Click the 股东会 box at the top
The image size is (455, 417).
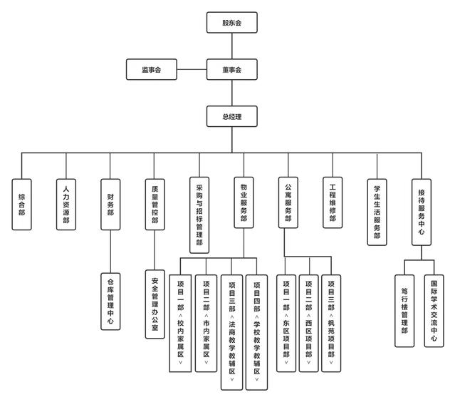[231, 23]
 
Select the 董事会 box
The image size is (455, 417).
[231, 70]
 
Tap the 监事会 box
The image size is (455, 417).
[151, 70]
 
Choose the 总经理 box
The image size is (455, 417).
[231, 116]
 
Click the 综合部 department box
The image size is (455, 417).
[22, 202]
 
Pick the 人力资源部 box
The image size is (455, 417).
[66, 202]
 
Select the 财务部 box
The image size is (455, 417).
[110, 202]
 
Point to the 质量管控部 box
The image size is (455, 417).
[155, 202]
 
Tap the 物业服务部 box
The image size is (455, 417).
[244, 202]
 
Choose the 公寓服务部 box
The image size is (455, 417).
[288, 202]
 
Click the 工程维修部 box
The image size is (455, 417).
[332, 202]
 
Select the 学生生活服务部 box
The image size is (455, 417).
[377, 210]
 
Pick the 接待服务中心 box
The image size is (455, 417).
[421, 210]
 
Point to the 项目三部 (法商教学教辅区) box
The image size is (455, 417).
[232, 332]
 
